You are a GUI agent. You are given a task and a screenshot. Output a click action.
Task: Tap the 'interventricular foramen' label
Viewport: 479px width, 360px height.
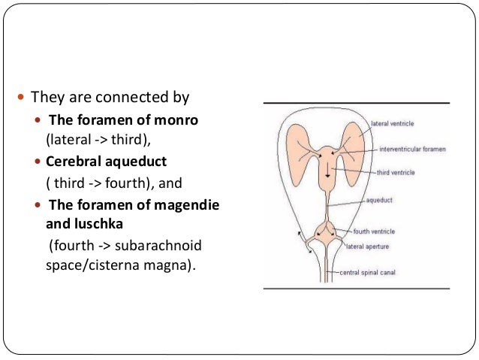(412, 150)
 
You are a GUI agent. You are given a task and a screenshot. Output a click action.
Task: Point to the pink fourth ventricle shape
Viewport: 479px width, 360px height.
(328, 228)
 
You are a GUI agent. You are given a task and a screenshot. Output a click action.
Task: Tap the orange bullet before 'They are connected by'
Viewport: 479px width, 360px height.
(20, 98)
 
